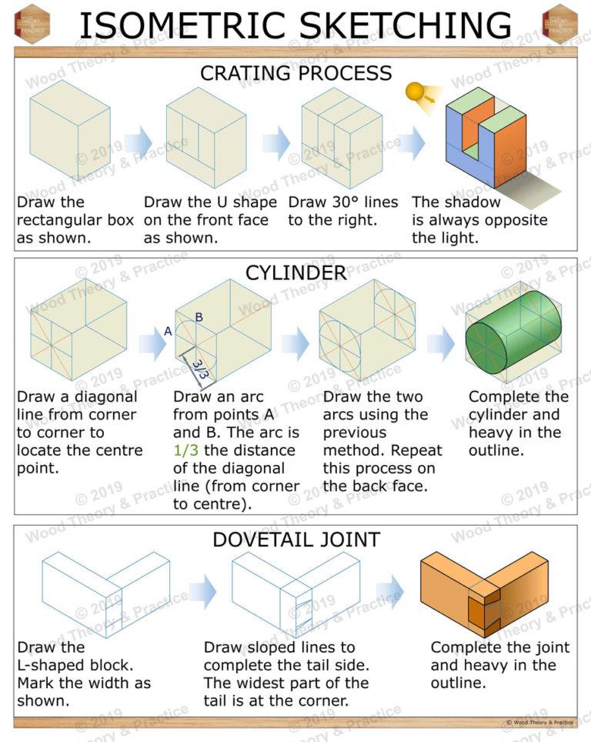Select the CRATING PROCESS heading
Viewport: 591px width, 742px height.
tap(295, 74)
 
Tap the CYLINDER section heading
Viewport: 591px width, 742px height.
tap(295, 272)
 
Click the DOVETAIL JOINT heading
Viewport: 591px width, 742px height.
tap(295, 540)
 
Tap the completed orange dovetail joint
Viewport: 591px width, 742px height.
tap(485, 592)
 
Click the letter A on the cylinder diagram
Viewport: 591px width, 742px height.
tap(168, 332)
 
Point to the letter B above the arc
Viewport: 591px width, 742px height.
tap(199, 317)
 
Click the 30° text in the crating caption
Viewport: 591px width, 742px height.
tap(350, 202)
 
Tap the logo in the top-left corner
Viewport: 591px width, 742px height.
tap(32, 23)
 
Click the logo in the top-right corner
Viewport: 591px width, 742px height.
tap(559, 23)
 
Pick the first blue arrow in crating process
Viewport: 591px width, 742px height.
tap(139, 143)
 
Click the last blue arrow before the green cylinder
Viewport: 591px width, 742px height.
tap(442, 343)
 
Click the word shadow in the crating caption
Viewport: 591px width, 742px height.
tap(472, 202)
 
